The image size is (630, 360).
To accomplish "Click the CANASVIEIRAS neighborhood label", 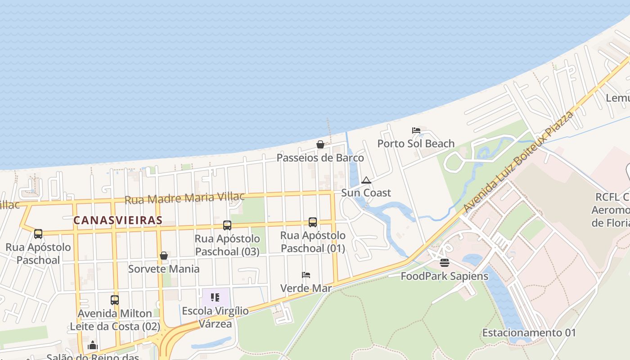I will point(117,220).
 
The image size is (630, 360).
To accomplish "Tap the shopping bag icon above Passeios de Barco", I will point(320,144).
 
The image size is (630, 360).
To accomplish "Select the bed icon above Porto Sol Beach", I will point(416,130).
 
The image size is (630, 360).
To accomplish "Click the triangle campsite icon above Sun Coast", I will point(366,180).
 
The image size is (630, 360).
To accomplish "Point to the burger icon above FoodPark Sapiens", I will point(445,263).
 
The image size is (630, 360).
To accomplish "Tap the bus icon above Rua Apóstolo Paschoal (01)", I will point(313,222).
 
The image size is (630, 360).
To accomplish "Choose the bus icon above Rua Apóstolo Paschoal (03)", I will point(227,225).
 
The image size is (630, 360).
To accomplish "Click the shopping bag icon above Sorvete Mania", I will point(164,256).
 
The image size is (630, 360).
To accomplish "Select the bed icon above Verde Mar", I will point(306,275).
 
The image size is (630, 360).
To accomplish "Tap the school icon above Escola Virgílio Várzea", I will point(215,297).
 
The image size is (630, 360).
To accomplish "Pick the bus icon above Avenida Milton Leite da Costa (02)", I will point(115,300).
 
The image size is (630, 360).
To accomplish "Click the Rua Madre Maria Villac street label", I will point(184,198).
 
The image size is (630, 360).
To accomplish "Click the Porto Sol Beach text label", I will point(416,144).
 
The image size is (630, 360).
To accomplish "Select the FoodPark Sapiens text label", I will point(444,276).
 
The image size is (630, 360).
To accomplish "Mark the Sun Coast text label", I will point(366,193).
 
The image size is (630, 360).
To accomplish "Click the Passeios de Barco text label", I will point(320,157).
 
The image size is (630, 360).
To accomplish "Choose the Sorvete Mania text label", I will point(164,269).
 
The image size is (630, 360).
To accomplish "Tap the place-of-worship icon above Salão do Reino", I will point(93,346).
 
